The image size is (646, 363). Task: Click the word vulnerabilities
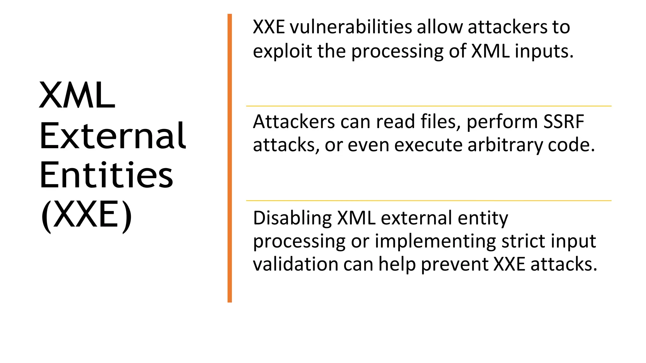tap(351, 27)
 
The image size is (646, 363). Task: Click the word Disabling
tap(292, 218)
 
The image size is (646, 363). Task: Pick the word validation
tap(296, 264)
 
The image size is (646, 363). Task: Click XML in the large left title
tap(77, 95)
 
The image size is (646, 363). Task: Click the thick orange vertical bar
tap(230, 158)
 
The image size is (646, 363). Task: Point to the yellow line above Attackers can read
tap(428, 106)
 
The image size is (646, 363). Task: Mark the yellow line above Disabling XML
tap(428, 201)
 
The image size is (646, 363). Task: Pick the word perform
tap(497, 122)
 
